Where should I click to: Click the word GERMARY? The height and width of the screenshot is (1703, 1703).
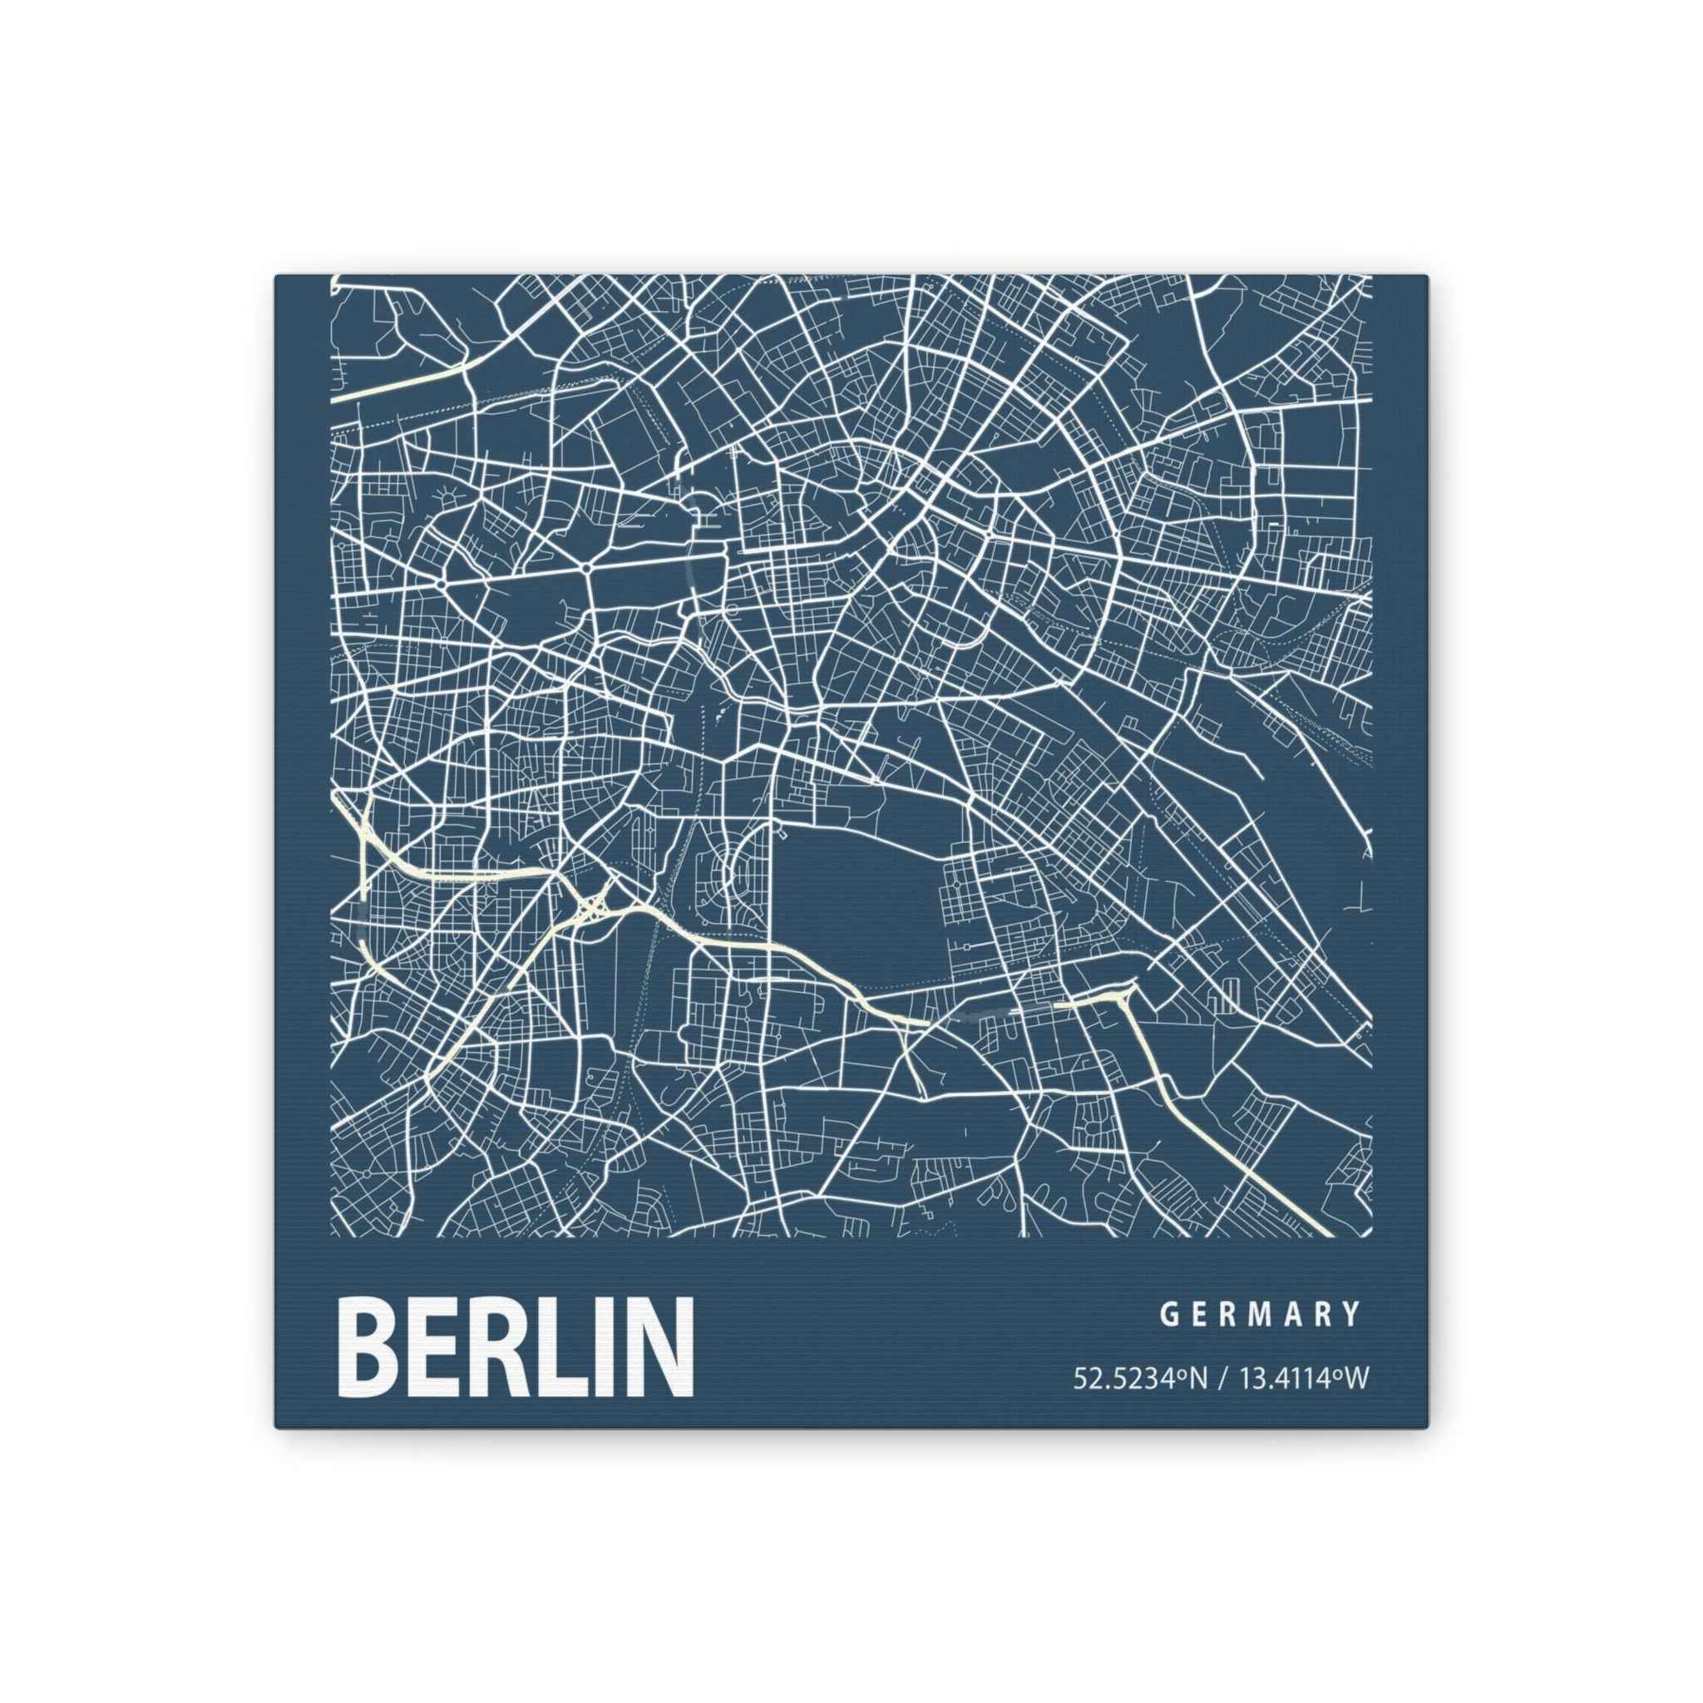coord(1261,1340)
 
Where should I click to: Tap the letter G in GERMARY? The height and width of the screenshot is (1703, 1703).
coord(1170,1340)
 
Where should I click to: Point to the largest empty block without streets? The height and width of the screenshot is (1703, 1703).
coord(860,891)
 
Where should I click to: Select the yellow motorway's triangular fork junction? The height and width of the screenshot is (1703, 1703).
coord(1125,996)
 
